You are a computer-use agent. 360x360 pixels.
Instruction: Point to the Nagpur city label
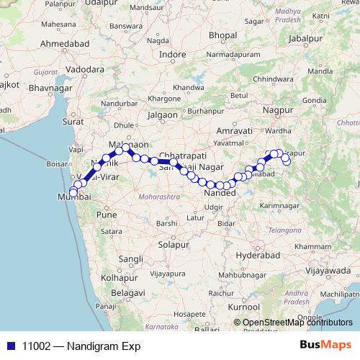point(277,109)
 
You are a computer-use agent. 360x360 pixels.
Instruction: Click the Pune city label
point(107,215)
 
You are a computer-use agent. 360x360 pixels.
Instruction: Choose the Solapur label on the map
point(173,245)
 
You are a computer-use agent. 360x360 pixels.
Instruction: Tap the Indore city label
point(172,54)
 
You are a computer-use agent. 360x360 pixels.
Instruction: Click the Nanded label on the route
point(216,194)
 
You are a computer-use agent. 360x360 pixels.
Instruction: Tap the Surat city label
point(73,122)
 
